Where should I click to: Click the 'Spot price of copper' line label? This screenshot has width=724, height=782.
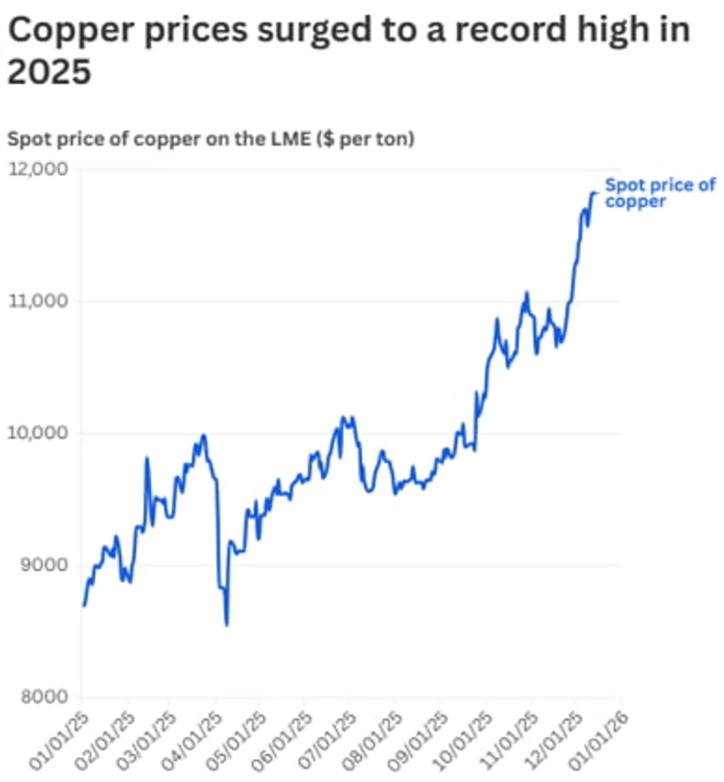pyautogui.click(x=659, y=193)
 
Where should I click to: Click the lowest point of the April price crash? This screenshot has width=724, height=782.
pyautogui.click(x=226, y=625)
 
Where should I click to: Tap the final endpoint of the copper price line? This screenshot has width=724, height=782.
pyautogui.click(x=595, y=192)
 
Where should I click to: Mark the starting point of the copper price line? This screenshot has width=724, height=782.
pyautogui.click(x=83, y=605)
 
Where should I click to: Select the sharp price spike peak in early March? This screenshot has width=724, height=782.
pyautogui.click(x=147, y=458)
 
